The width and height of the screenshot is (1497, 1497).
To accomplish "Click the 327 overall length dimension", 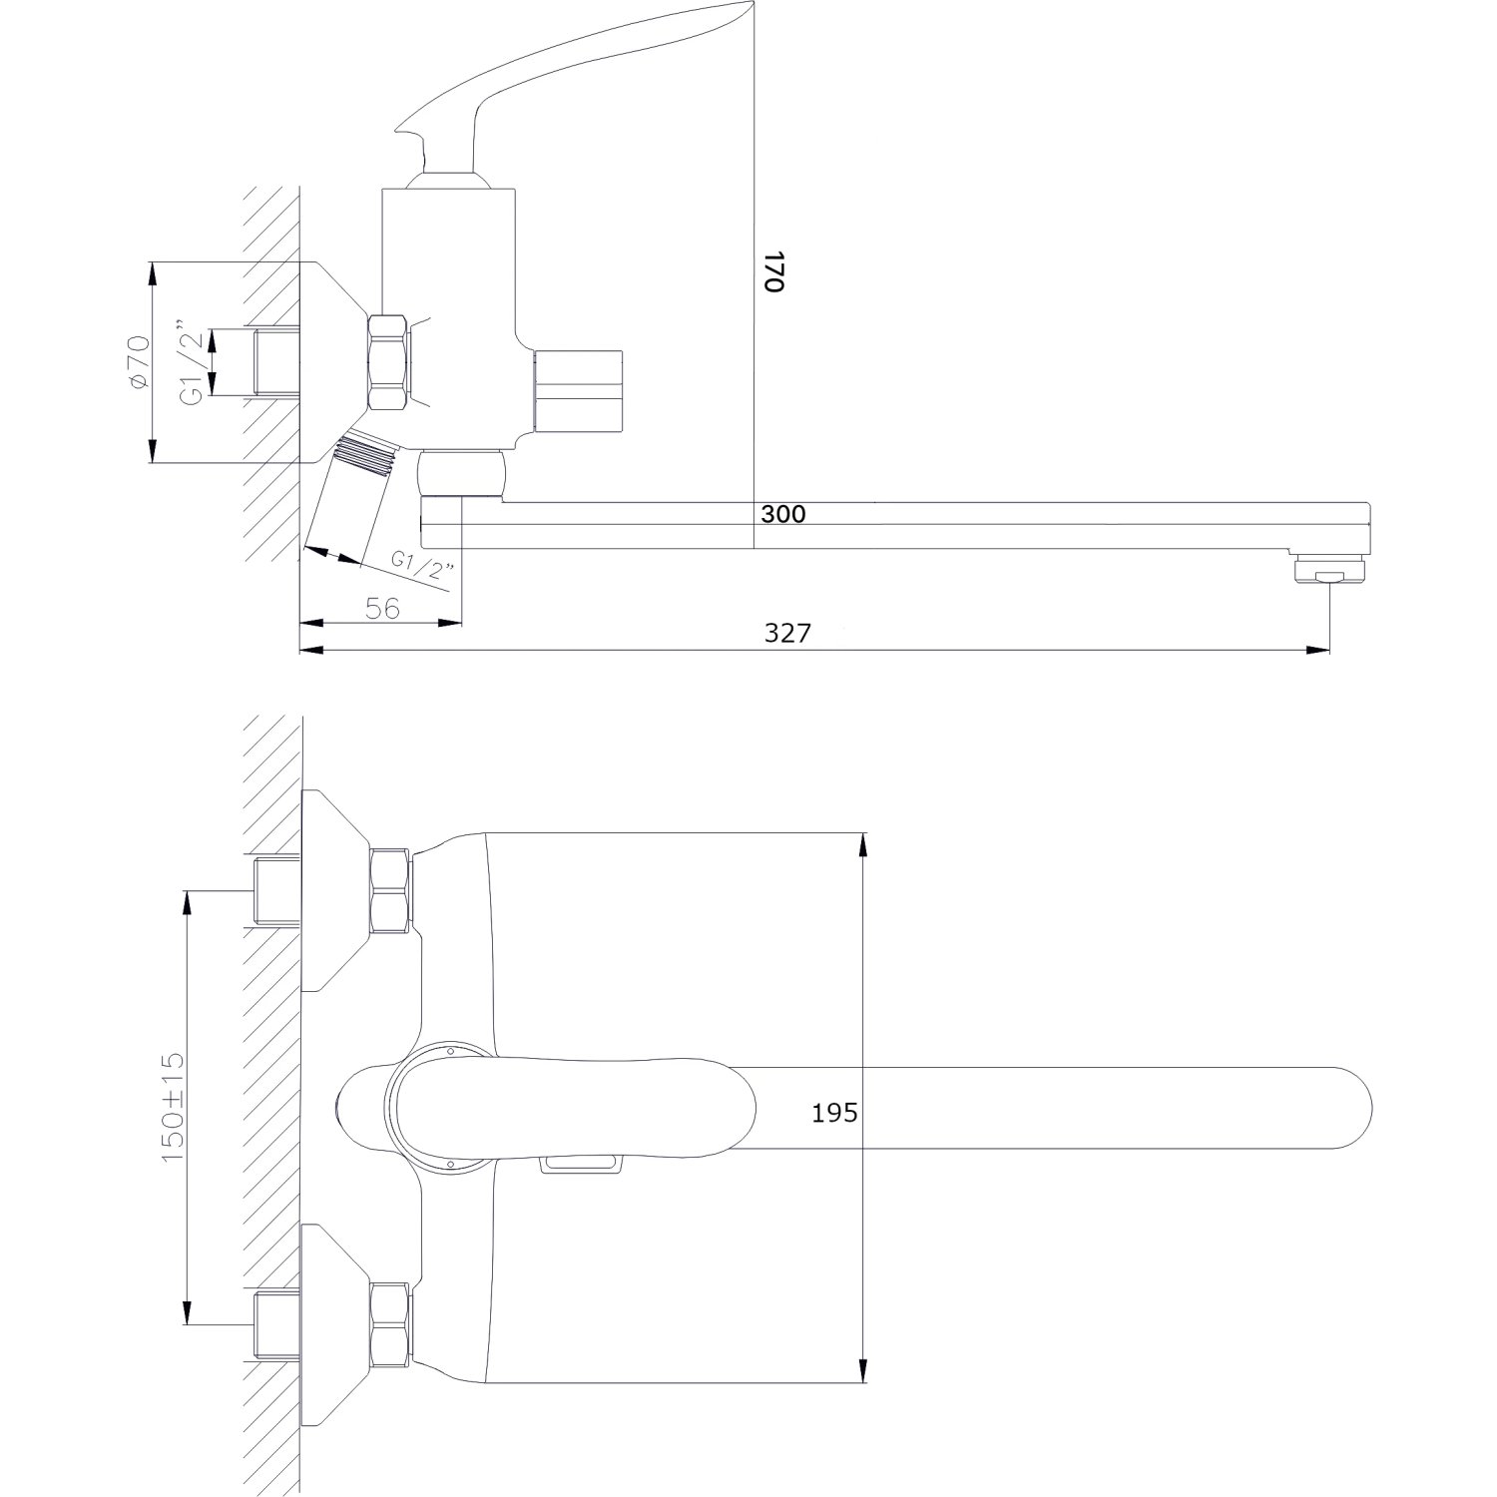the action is click(787, 633).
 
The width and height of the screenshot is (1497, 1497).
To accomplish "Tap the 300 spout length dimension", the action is click(782, 515).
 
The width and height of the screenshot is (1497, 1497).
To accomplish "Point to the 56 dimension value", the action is click(382, 608).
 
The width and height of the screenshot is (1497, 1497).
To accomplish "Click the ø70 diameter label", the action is click(138, 362).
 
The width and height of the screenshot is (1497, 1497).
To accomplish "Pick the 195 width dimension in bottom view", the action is click(833, 1113).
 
